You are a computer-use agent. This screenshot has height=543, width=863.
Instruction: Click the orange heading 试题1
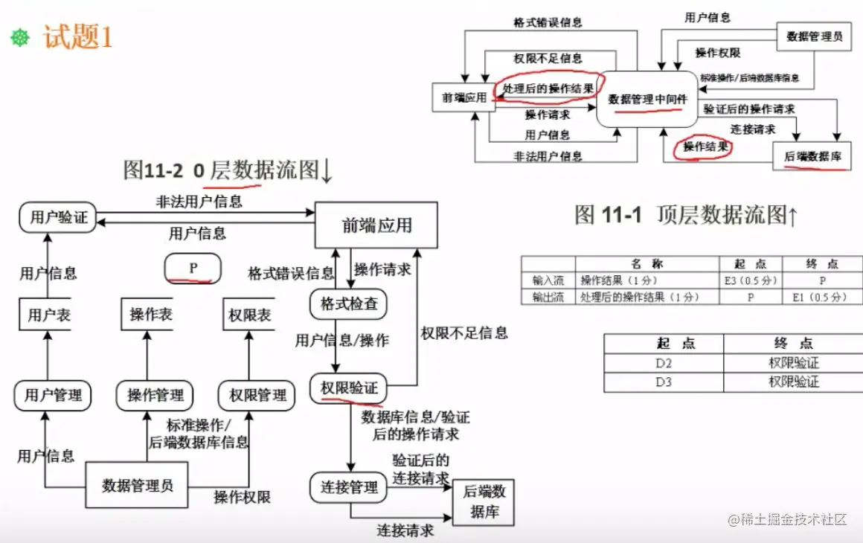[x=77, y=37]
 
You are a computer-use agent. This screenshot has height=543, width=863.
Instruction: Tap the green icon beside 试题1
[x=20, y=38]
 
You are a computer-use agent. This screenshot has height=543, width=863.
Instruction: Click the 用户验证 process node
[x=59, y=218]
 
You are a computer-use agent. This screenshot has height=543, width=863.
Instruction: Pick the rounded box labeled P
[x=193, y=268]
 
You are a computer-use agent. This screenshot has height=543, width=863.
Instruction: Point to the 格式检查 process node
[x=348, y=304]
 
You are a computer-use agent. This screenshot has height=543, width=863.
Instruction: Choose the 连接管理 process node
[x=349, y=488]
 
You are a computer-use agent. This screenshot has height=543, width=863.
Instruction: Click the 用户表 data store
[x=49, y=315]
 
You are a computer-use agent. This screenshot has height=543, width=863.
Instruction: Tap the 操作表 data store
[x=151, y=315]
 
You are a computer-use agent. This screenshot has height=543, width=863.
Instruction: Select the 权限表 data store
[x=249, y=315]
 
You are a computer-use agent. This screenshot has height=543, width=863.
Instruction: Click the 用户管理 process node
[x=53, y=394]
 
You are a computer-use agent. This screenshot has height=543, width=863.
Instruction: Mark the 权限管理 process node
[x=257, y=394]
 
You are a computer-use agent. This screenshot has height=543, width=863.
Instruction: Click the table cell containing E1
[x=822, y=297]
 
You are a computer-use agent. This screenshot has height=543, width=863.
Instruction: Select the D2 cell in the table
[x=664, y=363]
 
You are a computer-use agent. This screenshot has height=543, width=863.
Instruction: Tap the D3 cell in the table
[x=664, y=382]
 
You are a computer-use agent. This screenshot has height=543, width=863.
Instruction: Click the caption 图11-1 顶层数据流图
[x=687, y=215]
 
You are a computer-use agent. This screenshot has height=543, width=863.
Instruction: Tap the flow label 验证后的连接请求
[x=421, y=469]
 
